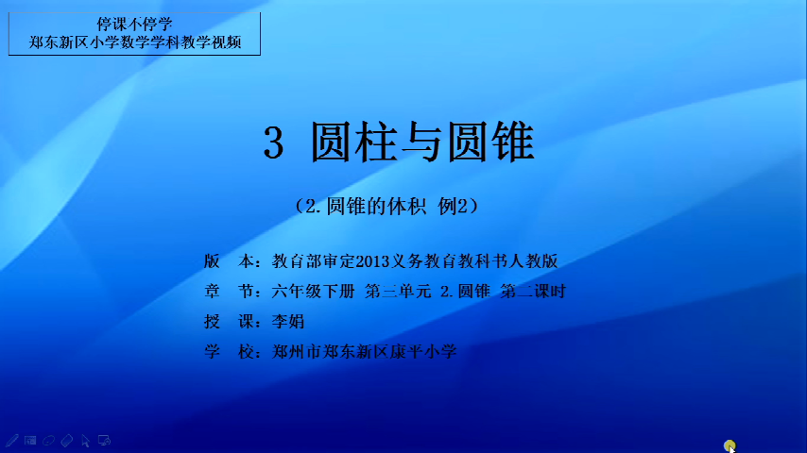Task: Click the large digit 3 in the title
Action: point(273,143)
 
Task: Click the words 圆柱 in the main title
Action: point(353,143)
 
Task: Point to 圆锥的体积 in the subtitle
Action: point(376,206)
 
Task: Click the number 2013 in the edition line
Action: point(372,261)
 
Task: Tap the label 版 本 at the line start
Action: point(229,261)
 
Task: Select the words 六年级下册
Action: point(313,292)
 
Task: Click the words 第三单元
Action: point(398,292)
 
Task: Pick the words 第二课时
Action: point(533,292)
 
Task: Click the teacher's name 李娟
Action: point(287,322)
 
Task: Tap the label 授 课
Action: point(229,322)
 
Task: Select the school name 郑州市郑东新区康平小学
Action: point(364,352)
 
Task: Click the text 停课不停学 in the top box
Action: point(134,25)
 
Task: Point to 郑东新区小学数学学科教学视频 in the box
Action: point(135,42)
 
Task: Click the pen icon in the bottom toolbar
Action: point(12,441)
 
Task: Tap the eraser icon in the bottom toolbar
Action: point(67,441)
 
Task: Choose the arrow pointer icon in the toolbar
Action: point(85,441)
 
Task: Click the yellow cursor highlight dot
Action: point(730,445)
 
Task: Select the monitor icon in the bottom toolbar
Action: point(104,441)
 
